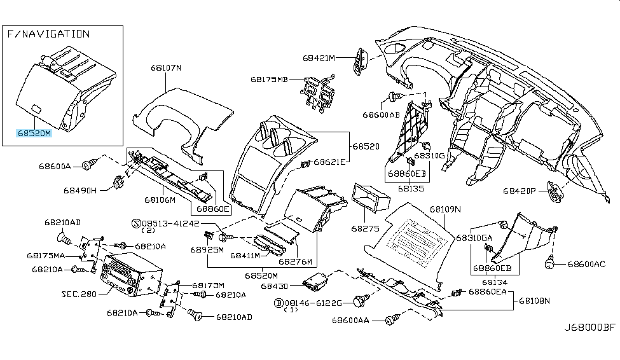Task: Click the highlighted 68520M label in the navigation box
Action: (34, 134)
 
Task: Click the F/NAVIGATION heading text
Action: (48, 34)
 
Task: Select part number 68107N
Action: (166, 67)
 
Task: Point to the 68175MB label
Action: (268, 80)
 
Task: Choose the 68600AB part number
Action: (381, 115)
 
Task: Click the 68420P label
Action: (521, 190)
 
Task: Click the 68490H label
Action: (80, 190)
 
